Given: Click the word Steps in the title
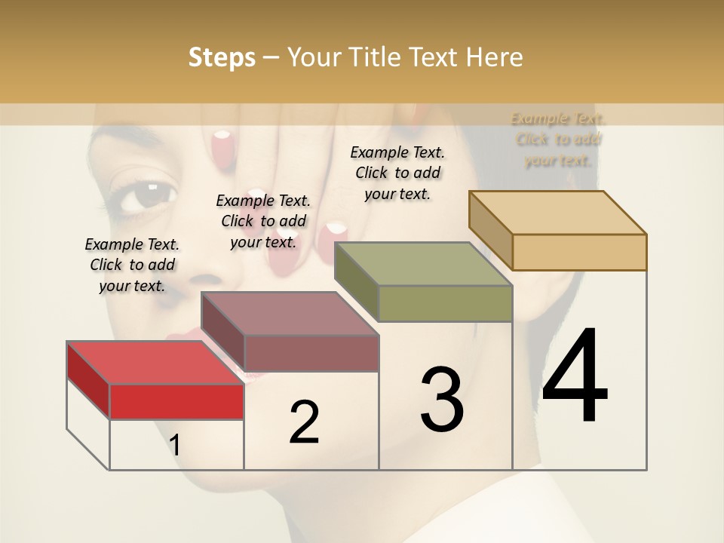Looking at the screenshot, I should pyautogui.click(x=222, y=57).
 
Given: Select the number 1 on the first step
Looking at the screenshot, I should pyautogui.click(x=174, y=446).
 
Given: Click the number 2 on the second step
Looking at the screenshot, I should pyautogui.click(x=304, y=422).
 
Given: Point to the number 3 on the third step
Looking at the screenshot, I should pyautogui.click(x=442, y=400).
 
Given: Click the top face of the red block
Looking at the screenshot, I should pyautogui.click(x=155, y=363).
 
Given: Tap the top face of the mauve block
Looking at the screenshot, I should pyautogui.click(x=290, y=313).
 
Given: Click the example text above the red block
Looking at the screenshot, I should pyautogui.click(x=132, y=265).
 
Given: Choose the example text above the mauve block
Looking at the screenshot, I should pyautogui.click(x=263, y=221).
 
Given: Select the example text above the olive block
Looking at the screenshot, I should pyautogui.click(x=397, y=173).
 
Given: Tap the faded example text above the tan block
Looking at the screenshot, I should pyautogui.click(x=558, y=139).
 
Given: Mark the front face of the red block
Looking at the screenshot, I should pyautogui.click(x=176, y=401).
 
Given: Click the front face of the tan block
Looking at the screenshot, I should pyautogui.click(x=579, y=252).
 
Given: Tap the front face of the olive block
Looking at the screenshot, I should pyautogui.click(x=445, y=303).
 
